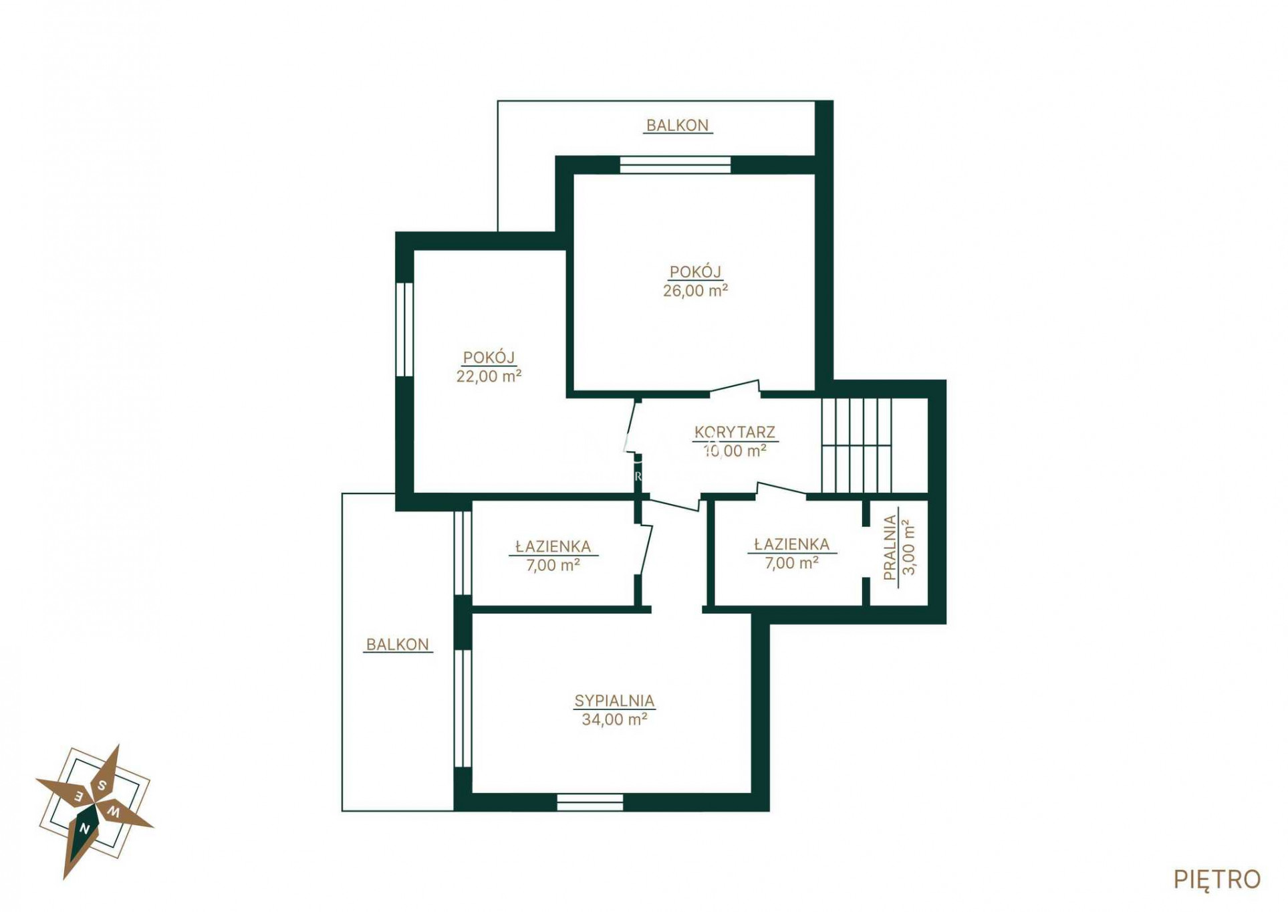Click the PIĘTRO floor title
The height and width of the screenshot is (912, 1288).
tap(1216, 879)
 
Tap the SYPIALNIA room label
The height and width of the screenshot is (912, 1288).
tap(614, 700)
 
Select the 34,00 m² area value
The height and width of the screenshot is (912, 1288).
tap(614, 719)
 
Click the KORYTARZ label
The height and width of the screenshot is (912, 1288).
tap(734, 432)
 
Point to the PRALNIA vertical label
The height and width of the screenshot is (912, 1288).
tap(890, 547)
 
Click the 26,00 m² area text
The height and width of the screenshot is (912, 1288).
tap(694, 290)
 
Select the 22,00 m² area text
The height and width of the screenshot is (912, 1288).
tap(488, 376)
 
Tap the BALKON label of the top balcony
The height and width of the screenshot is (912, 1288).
tap(676, 125)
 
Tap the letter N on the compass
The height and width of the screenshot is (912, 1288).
tap(85, 829)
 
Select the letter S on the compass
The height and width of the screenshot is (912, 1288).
tap(102, 786)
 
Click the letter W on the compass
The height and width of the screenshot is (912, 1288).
tap(114, 813)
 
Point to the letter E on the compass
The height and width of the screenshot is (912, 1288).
tap(78, 796)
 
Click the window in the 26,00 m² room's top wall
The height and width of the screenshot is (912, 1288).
tap(674, 164)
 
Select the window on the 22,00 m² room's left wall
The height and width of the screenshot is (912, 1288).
tap(404, 329)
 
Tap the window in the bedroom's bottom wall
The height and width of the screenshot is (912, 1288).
tap(590, 802)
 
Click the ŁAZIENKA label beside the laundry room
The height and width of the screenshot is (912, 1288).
tap(791, 544)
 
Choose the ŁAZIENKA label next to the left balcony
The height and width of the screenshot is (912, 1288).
tap(553, 546)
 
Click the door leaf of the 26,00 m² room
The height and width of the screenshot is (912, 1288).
tap(735, 386)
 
